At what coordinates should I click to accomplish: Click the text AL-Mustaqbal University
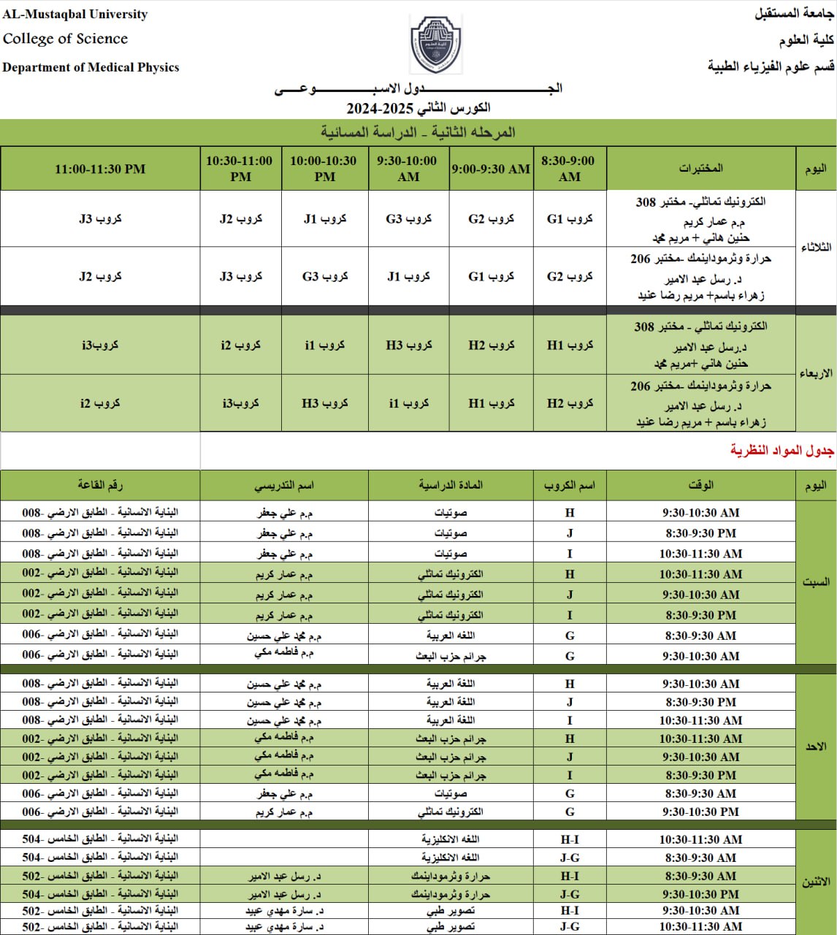[x=75, y=15]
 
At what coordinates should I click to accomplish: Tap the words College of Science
[x=65, y=39]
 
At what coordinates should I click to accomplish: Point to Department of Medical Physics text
[x=91, y=67]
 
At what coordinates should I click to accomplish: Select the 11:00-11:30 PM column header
[x=100, y=169]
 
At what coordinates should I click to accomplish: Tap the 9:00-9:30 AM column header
[x=491, y=169]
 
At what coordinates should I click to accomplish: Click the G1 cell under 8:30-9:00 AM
[x=570, y=218]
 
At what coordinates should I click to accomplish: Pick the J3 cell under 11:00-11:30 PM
[x=100, y=218]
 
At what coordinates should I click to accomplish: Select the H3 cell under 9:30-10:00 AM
[x=409, y=345]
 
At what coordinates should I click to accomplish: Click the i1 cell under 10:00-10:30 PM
[x=324, y=345]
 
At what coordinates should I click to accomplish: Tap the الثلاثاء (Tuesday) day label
[x=816, y=248]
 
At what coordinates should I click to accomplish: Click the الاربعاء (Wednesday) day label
[x=816, y=373]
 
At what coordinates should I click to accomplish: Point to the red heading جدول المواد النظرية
[x=781, y=451]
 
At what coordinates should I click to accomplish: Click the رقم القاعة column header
[x=100, y=485]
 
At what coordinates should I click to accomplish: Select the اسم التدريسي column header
[x=284, y=485]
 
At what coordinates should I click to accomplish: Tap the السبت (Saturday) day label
[x=816, y=582]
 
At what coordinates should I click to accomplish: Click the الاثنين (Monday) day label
[x=816, y=882]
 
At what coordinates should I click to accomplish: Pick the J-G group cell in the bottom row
[x=570, y=927]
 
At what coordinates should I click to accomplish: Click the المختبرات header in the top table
[x=700, y=169]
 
